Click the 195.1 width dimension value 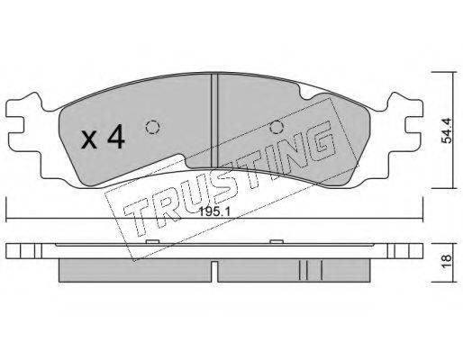[214, 212]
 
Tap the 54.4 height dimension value [447, 130]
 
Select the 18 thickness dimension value [447, 258]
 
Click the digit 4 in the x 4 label [116, 137]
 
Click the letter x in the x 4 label [89, 140]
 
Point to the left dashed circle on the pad [152, 127]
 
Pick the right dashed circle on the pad [276, 127]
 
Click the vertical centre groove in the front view [214, 121]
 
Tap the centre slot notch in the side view [214, 271]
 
